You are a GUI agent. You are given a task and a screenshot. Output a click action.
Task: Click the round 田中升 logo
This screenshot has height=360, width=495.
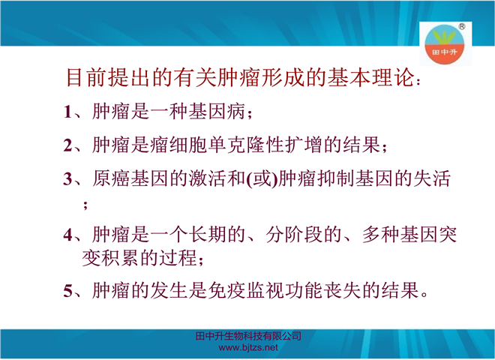tap(445, 44)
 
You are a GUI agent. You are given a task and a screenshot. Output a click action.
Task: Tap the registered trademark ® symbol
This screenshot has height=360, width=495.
tap(461, 26)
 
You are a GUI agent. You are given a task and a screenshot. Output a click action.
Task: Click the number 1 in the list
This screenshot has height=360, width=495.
tap(67, 112)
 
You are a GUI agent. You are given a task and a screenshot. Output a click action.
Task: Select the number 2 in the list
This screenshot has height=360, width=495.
tap(67, 145)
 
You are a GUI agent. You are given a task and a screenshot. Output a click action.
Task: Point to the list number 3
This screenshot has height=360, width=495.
tap(67, 179)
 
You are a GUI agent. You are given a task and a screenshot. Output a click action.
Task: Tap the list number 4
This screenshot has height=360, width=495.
tap(68, 235)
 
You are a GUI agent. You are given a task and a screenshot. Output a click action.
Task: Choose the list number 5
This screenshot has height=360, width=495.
tap(67, 290)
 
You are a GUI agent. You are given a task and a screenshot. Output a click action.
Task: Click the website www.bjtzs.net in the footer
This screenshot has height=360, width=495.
tap(248, 348)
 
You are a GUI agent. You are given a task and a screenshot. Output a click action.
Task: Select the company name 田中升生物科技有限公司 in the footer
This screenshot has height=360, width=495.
tap(248, 336)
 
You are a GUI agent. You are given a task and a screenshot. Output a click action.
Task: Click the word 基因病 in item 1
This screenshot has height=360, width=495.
tap(217, 111)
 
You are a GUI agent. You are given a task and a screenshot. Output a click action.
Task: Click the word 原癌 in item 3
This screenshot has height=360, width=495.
tap(111, 178)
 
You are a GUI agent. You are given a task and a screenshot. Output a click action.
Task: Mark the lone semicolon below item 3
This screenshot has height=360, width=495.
tap(85, 205)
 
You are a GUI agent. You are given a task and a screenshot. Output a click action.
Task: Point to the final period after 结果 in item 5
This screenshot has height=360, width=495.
tap(424, 295)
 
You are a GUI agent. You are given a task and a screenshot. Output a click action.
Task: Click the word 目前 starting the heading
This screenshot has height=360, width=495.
tap(85, 78)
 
